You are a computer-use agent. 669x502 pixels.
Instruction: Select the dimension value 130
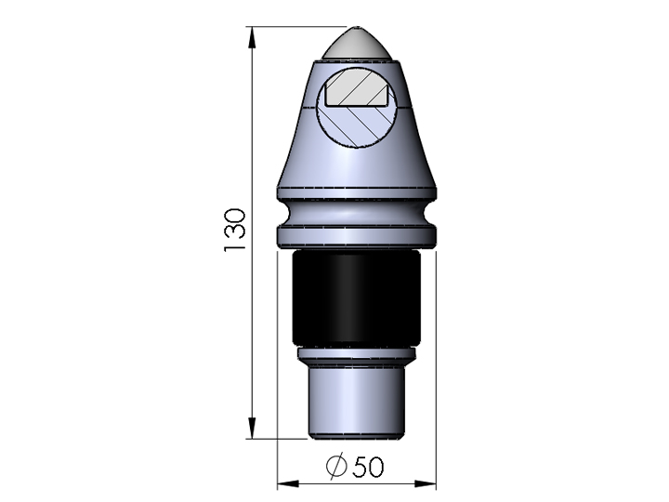pyautogui.click(x=233, y=231)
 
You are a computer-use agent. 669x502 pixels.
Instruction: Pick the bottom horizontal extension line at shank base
pyautogui.click(x=279, y=436)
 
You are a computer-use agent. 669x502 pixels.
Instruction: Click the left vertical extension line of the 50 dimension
pyautogui.click(x=278, y=372)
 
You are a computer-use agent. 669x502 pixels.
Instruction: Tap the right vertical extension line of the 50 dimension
pyautogui.click(x=436, y=372)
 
